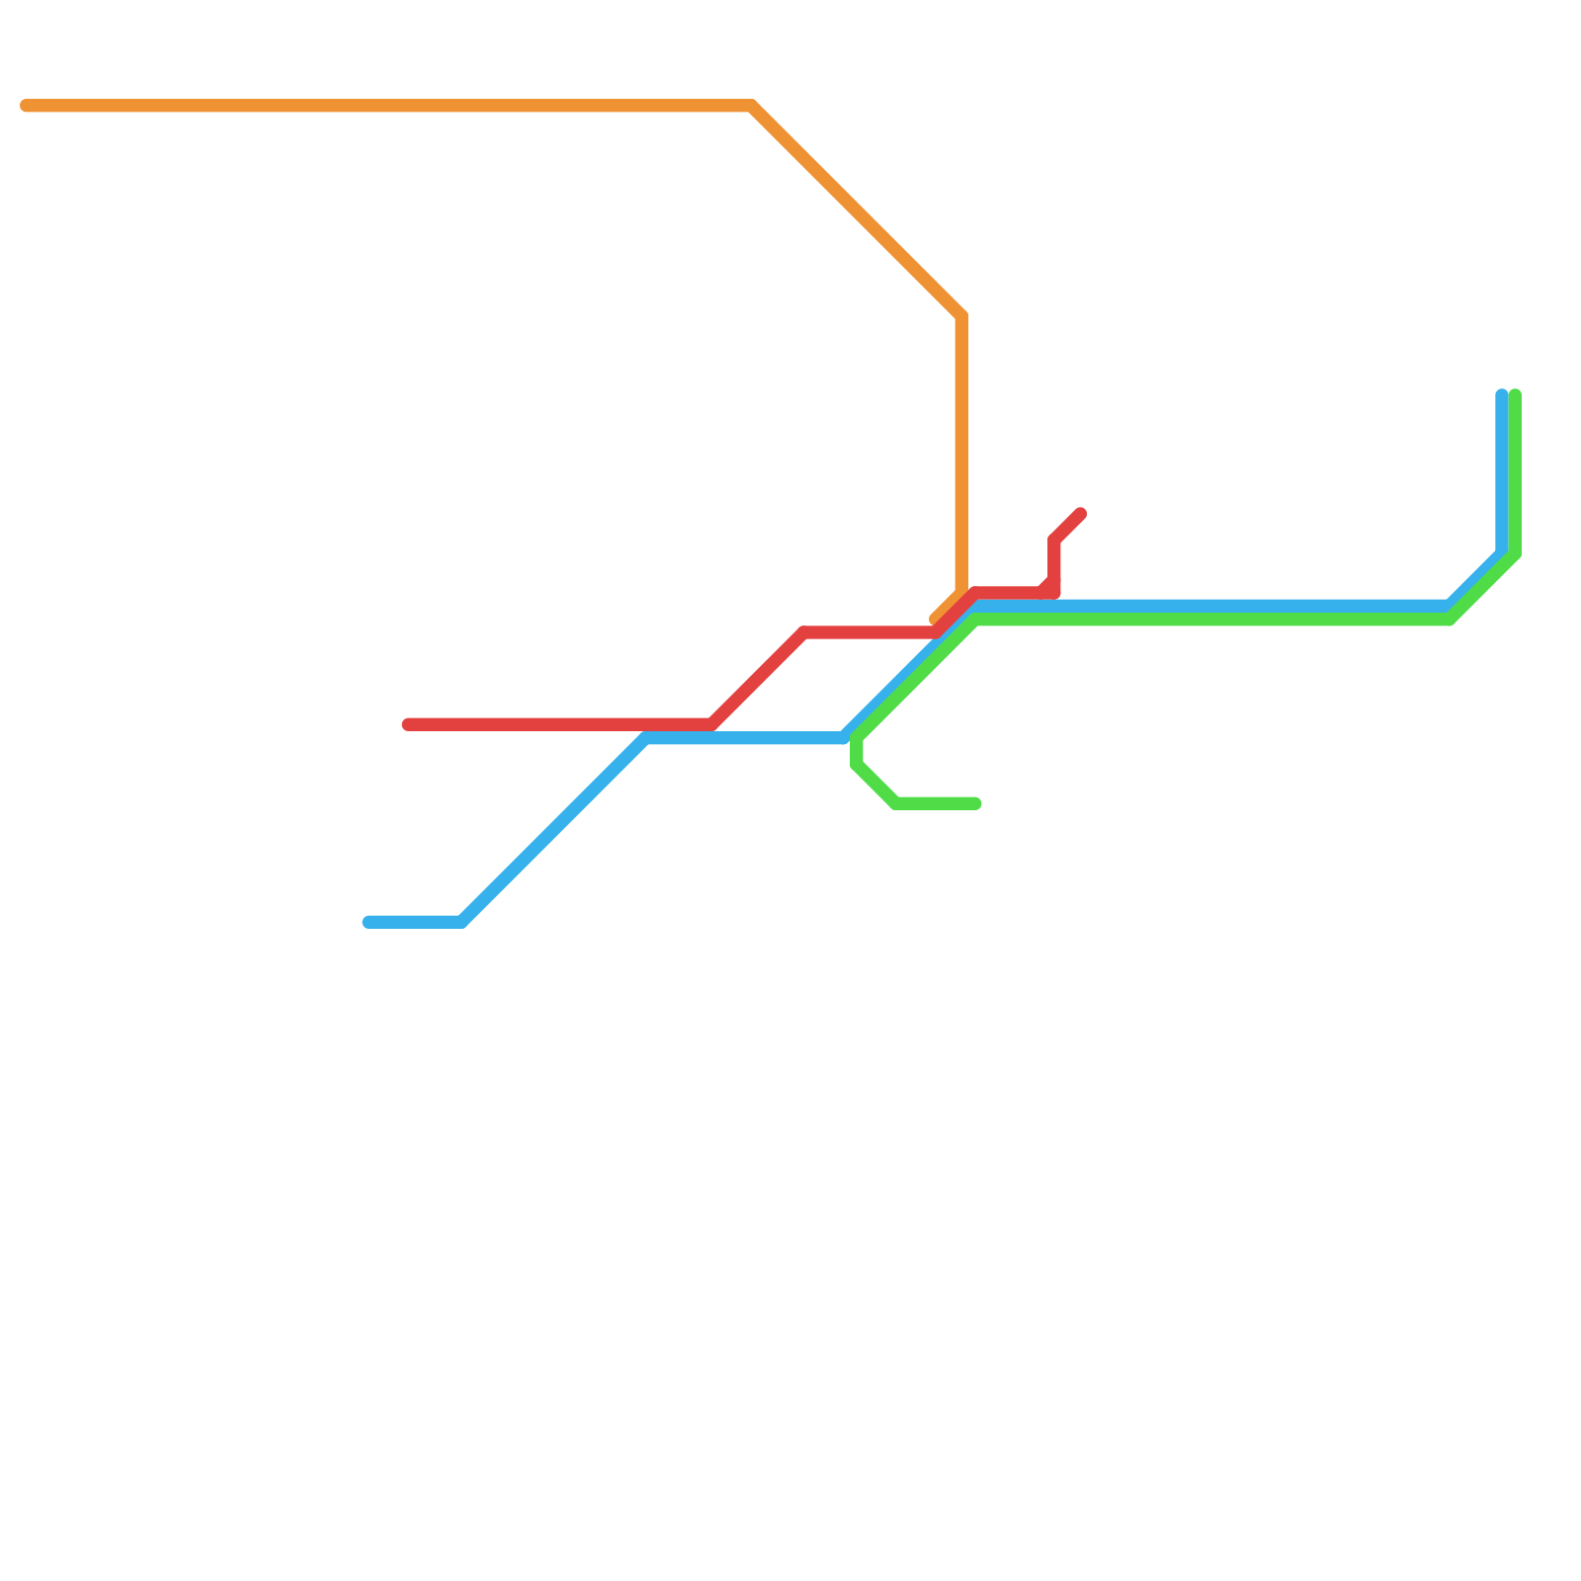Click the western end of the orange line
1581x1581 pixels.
[26, 106]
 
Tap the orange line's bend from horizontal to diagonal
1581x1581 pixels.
[753, 106]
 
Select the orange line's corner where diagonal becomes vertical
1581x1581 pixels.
[961, 316]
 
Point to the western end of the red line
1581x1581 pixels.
[407, 725]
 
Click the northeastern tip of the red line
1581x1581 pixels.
[1082, 514]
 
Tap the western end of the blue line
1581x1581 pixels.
[368, 923]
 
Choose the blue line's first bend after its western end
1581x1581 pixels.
[462, 923]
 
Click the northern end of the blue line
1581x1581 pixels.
[1502, 395]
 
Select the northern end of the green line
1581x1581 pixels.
[1515, 395]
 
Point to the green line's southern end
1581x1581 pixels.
[976, 804]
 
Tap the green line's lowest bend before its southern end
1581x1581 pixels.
[895, 804]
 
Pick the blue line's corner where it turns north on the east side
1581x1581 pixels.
[1502, 553]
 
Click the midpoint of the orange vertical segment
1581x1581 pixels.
[961, 453]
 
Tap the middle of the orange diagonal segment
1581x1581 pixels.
[857, 210]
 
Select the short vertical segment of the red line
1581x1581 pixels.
[1055, 566]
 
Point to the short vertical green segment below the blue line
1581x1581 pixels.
[857, 751]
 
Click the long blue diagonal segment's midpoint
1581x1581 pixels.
[554, 830]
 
